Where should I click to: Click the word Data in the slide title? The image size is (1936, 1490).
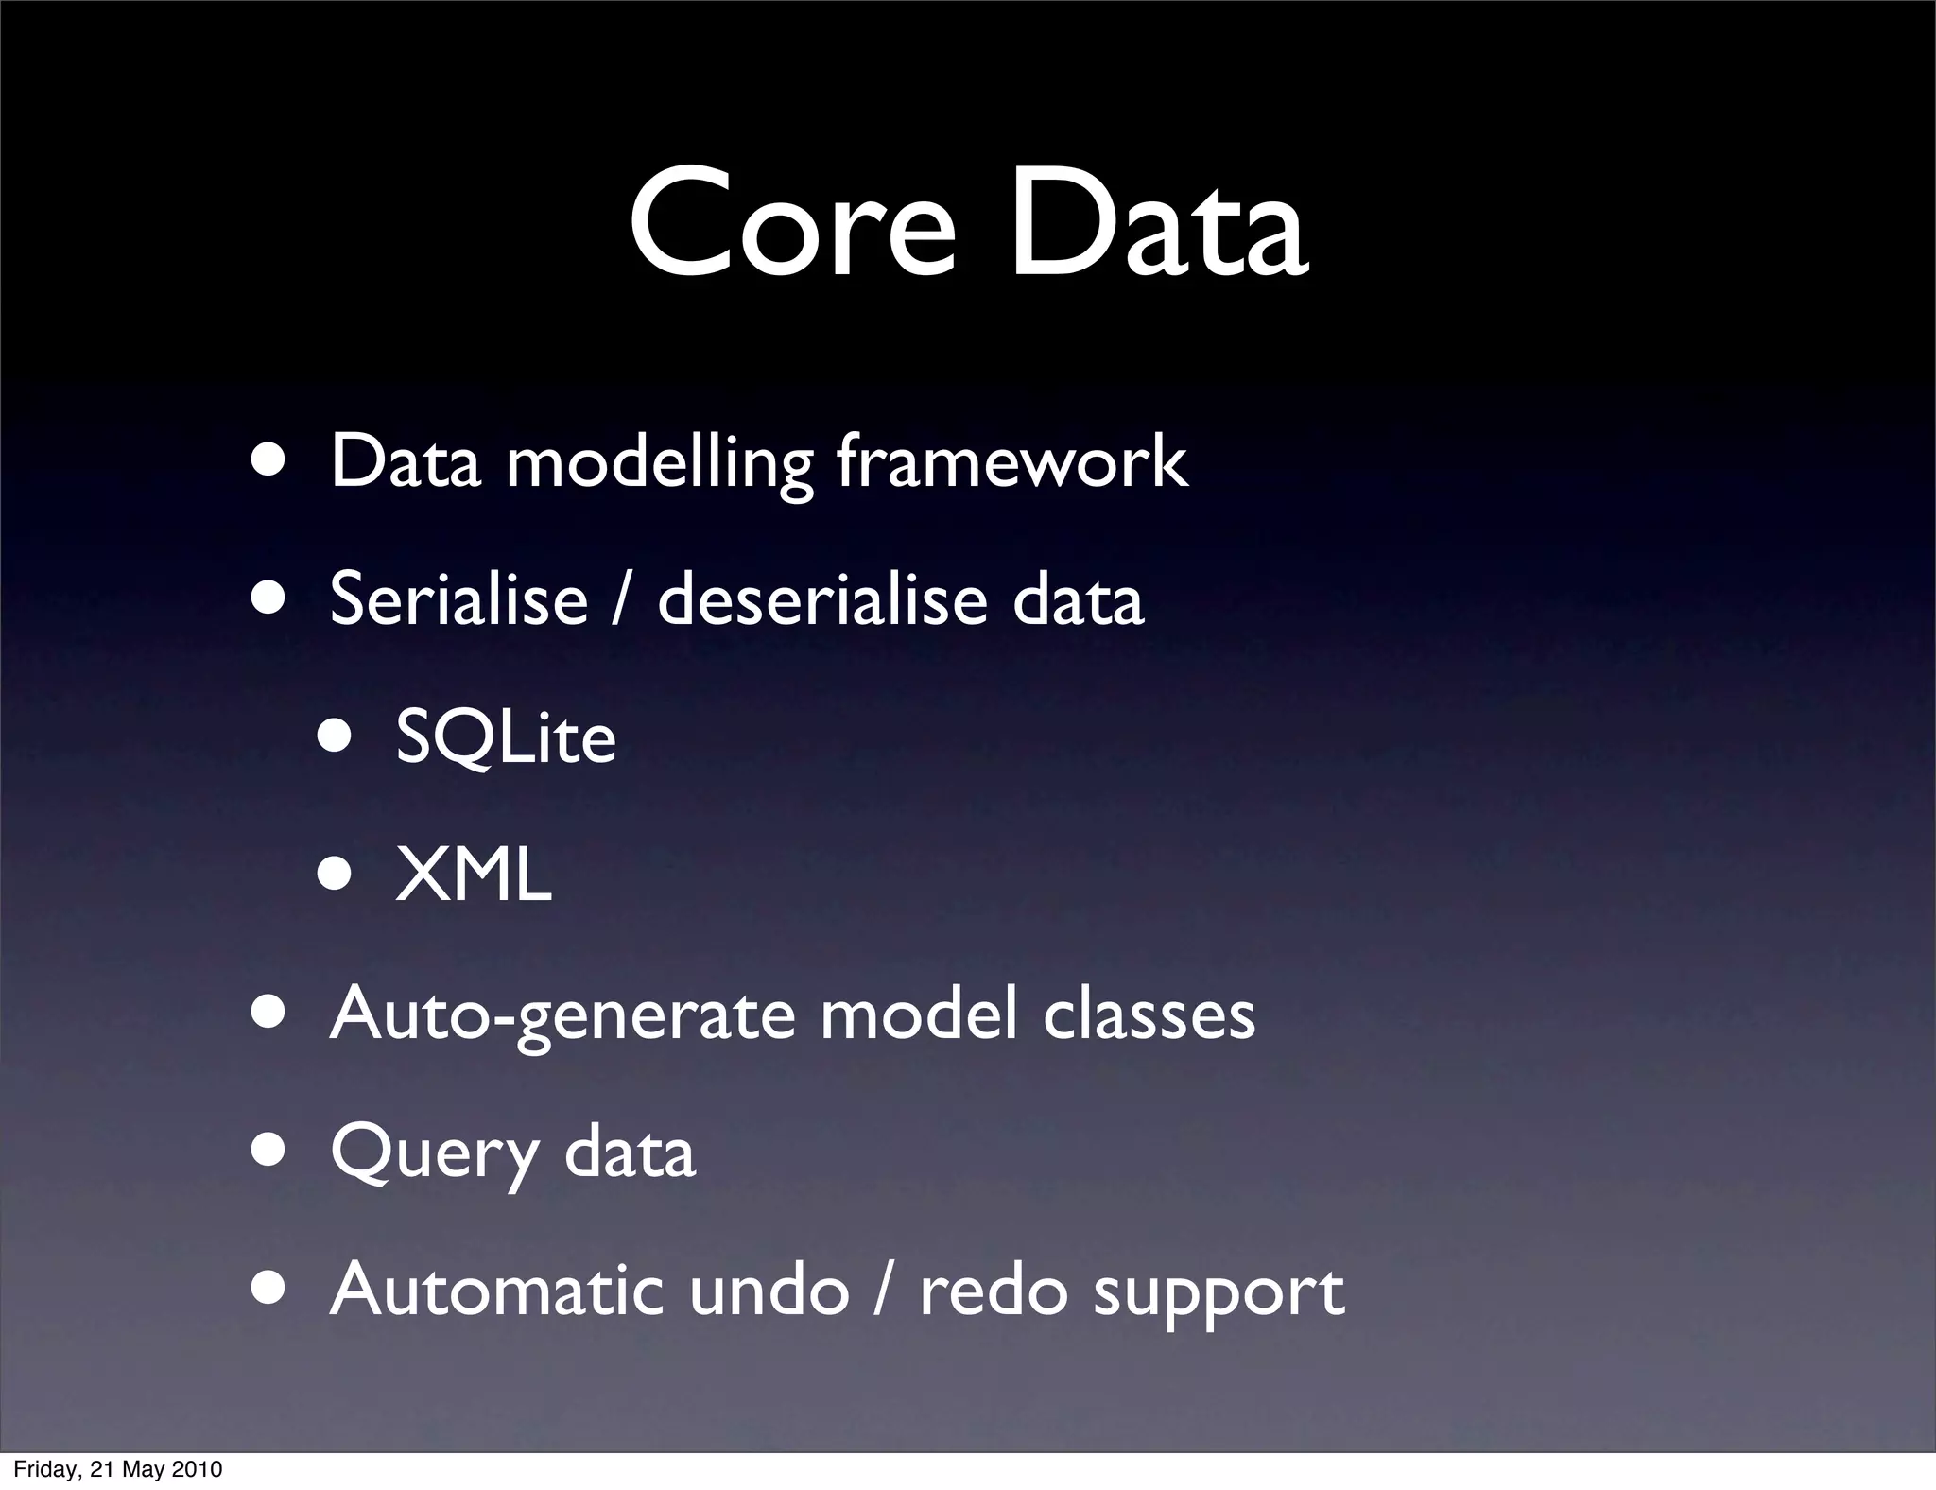point(1158,225)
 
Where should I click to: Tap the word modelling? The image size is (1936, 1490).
point(659,462)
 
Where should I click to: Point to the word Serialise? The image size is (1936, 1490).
point(458,599)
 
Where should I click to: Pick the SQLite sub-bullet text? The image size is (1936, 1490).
point(506,737)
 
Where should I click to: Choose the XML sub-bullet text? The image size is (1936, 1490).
point(473,875)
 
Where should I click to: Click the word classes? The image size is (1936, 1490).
point(1149,1014)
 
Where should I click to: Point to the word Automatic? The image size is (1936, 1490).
point(496,1290)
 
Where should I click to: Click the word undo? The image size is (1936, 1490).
point(769,1290)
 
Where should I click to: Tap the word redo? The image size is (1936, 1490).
point(994,1291)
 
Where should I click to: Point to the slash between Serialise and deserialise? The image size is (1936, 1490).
point(621,599)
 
